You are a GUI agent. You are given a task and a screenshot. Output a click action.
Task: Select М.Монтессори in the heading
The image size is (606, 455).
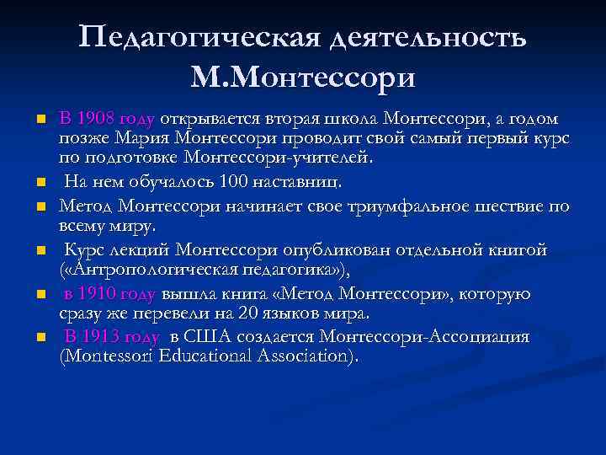pyautogui.click(x=303, y=78)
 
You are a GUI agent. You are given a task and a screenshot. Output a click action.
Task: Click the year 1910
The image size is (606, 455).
pyautogui.click(x=99, y=294)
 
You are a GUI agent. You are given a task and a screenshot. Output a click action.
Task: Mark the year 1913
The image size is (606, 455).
pyautogui.click(x=99, y=338)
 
